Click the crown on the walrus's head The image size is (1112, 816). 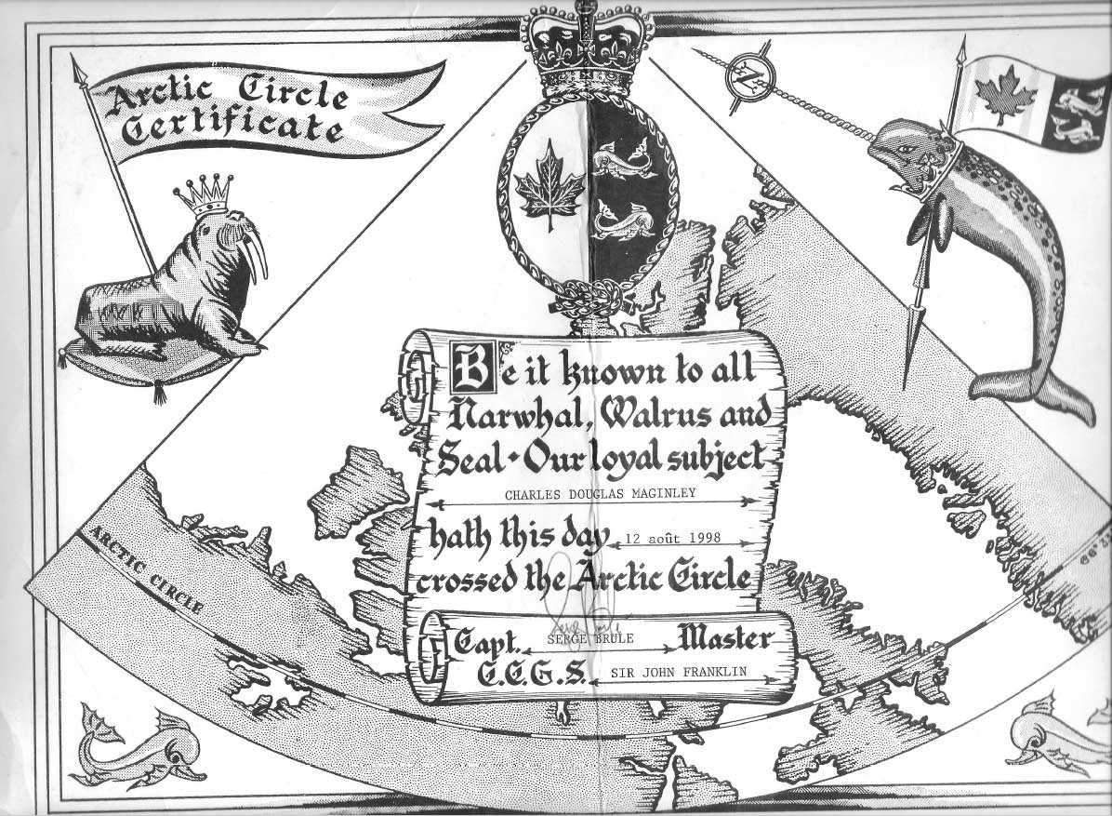[203, 194]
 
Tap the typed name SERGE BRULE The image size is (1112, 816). [585, 641]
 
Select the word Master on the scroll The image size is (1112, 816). [725, 639]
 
